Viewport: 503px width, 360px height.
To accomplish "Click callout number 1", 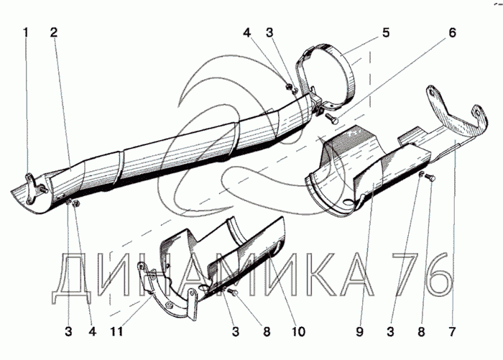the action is (27, 32).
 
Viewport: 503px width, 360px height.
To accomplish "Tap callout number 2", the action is (54, 32).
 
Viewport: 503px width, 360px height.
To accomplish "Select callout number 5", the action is (386, 32).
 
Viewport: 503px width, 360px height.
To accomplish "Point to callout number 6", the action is (452, 32).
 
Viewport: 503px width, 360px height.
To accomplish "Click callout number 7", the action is (452, 332).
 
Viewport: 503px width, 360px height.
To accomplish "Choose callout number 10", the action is (297, 332).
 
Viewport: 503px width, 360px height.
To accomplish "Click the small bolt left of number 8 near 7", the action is (429, 177).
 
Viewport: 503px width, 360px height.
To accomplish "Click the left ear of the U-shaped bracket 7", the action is (432, 93).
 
